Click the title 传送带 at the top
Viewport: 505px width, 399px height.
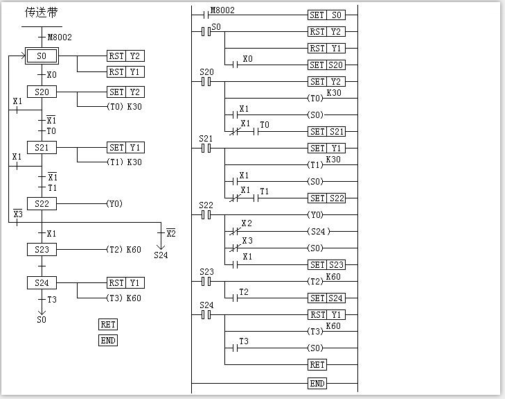click(x=42, y=12)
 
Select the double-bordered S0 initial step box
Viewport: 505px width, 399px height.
click(x=42, y=56)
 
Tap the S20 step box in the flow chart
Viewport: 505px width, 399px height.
click(x=42, y=92)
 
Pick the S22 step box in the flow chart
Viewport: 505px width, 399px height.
click(x=42, y=204)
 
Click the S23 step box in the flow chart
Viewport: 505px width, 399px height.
click(x=42, y=249)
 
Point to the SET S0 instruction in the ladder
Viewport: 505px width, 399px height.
click(x=326, y=15)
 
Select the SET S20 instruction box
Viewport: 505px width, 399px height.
click(x=326, y=65)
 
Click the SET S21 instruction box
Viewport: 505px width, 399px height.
click(x=326, y=132)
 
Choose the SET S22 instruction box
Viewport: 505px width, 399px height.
click(x=326, y=198)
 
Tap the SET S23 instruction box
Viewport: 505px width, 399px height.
click(x=326, y=265)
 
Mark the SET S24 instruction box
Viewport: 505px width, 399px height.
click(x=326, y=298)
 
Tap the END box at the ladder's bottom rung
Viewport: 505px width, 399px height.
click(x=317, y=384)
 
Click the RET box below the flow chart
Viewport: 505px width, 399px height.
click(x=108, y=324)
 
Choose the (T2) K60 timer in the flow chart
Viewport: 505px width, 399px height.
click(x=124, y=249)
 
